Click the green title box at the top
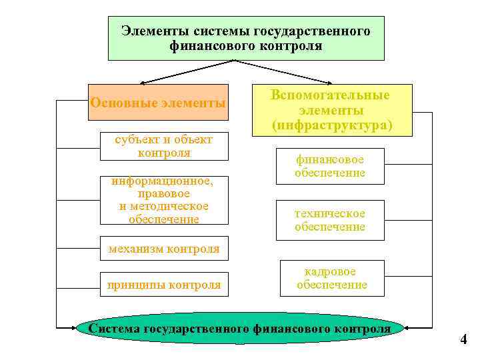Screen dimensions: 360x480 coord(246,38)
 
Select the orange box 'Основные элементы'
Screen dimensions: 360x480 coord(158,103)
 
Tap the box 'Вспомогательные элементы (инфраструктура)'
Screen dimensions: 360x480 coord(331,110)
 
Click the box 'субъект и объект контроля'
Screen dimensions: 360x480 coord(164,146)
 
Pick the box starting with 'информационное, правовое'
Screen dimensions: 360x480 coord(164,199)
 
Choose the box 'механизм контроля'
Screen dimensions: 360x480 coord(163,249)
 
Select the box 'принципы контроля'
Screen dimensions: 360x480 coord(164,285)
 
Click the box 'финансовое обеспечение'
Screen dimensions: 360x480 coord(331,166)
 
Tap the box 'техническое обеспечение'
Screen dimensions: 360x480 coord(331,220)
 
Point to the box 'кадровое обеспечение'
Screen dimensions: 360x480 coord(331,278)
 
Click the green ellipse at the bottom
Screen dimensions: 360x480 coord(240,329)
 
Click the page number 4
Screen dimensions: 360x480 coord(463,340)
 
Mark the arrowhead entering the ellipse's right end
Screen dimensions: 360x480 coord(409,328)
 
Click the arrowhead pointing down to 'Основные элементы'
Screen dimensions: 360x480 coord(158,83)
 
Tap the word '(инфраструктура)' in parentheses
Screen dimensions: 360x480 coord(331,125)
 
